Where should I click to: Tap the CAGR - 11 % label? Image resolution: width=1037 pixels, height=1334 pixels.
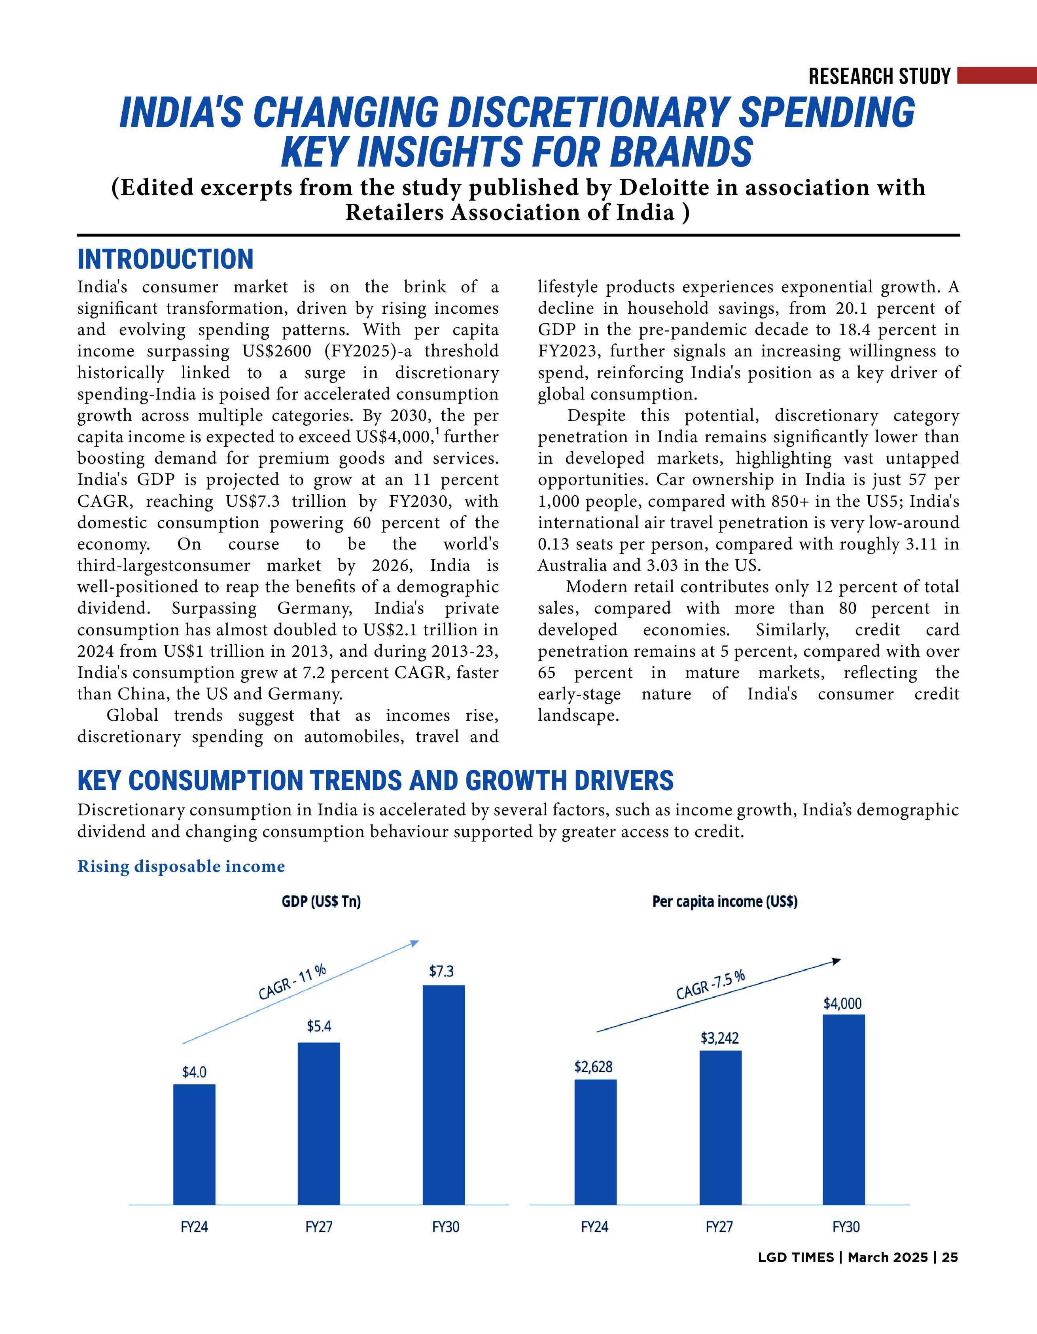pos(292,981)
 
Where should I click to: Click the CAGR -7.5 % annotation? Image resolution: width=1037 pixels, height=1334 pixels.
pos(710,984)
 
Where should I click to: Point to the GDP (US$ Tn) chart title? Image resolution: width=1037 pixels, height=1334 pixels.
pos(321,902)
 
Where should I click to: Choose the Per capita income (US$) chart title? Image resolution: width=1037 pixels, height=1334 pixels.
pos(725,902)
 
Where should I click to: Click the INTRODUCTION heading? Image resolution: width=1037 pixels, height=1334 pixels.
pos(165,259)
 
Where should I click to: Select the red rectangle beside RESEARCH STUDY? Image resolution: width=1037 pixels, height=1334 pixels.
pos(997,75)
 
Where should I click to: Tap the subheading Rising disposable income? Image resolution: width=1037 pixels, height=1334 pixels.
pos(181,866)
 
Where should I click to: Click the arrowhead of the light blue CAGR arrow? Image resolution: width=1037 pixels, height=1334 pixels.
pos(414,942)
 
